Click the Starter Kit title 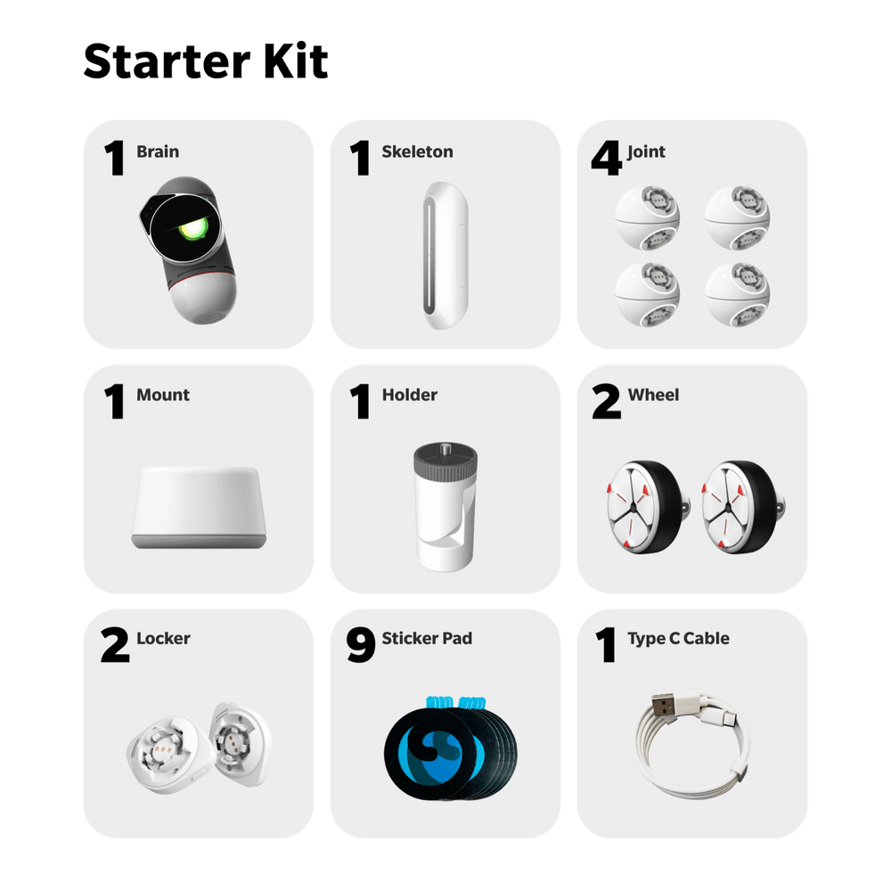[x=206, y=61]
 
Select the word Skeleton [x=417, y=152]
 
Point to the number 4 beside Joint [x=606, y=158]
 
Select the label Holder [x=409, y=395]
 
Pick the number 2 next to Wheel [x=606, y=402]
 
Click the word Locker [x=163, y=638]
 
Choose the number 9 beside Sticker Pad [x=360, y=646]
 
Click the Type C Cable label [x=678, y=638]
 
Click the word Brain [x=158, y=152]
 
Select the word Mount [x=163, y=395]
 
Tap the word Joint [x=646, y=152]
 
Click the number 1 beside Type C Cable [x=606, y=646]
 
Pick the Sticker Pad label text [x=427, y=638]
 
